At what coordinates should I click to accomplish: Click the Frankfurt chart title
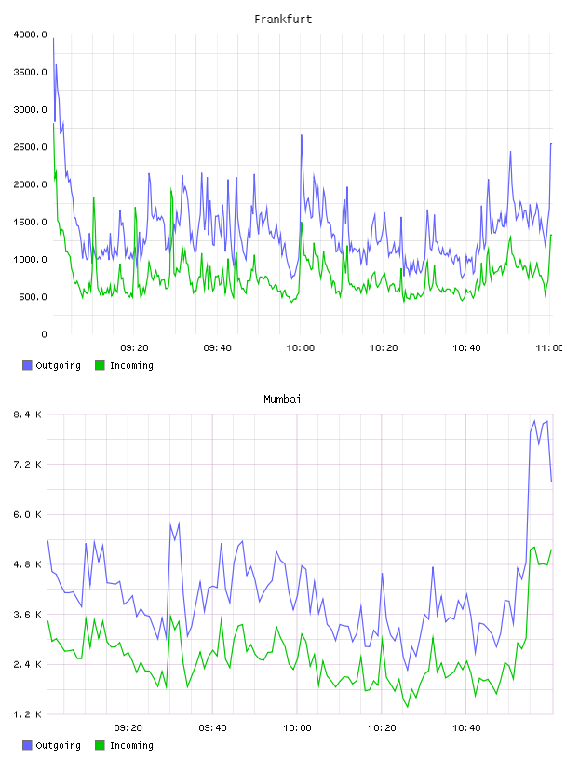pos(283,19)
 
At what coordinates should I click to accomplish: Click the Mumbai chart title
pos(282,399)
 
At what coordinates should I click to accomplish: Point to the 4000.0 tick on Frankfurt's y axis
pos(31,34)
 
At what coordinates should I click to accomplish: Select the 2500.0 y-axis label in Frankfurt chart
pos(31,147)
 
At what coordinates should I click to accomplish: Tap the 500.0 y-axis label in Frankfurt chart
pos(33,296)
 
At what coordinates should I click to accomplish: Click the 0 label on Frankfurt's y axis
pos(44,334)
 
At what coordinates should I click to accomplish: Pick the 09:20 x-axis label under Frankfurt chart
pos(134,347)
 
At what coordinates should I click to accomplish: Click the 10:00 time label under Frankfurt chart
pos(301,347)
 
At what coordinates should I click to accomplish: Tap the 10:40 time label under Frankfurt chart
pos(466,347)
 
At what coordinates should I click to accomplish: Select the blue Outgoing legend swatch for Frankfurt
pos(27,365)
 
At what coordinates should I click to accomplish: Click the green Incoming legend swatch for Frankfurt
pos(100,365)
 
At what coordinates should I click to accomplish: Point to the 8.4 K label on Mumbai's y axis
pos(28,414)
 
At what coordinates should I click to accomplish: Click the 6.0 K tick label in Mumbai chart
pos(28,514)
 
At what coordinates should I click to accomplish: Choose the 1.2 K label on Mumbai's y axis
pos(28,714)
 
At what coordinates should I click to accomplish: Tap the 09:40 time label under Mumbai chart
pos(212,727)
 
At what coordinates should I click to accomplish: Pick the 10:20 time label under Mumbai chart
pos(382,727)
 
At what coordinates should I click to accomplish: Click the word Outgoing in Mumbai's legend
pos(58,745)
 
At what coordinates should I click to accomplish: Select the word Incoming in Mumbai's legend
pos(131,745)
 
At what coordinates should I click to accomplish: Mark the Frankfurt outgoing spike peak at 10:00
pos(302,135)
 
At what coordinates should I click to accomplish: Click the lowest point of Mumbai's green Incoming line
pos(408,707)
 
